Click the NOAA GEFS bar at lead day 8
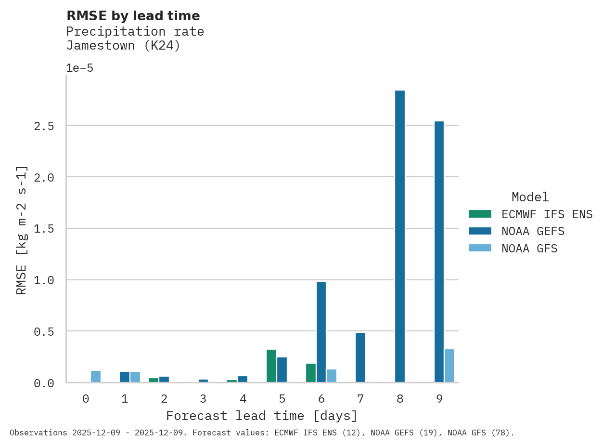[x=400, y=236]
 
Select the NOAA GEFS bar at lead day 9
[x=439, y=251]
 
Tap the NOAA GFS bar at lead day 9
[x=449, y=366]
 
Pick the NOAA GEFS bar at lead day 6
[x=321, y=332]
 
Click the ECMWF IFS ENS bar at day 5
[x=271, y=366]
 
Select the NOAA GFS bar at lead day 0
[x=96, y=377]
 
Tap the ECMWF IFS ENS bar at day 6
[x=311, y=373]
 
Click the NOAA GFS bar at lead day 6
[x=332, y=376]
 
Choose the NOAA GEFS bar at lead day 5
[x=282, y=369]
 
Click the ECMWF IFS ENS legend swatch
[x=480, y=214]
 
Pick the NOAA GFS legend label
[x=529, y=249]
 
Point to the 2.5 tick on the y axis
[x=44, y=126]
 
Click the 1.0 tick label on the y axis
[x=44, y=280]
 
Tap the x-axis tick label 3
[x=204, y=399]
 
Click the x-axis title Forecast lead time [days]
[x=262, y=416]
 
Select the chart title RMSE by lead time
[x=133, y=16]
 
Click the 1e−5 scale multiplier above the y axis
[x=79, y=68]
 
